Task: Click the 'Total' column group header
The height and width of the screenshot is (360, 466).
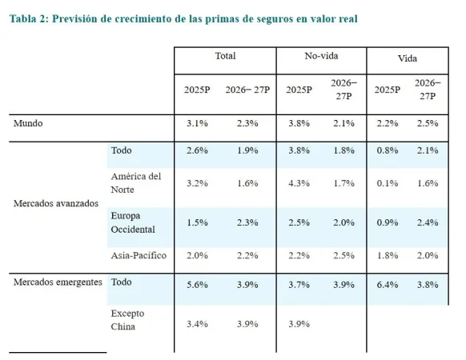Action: point(225,57)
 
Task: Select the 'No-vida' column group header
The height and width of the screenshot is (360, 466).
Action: point(321,57)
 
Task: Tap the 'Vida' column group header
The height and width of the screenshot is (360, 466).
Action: point(407,58)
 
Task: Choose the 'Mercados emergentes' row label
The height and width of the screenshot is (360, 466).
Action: point(58,282)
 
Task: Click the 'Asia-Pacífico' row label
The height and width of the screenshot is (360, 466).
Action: point(139,255)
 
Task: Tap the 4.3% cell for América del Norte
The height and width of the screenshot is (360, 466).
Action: point(298,183)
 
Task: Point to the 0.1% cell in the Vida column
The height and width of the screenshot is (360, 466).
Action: point(387,183)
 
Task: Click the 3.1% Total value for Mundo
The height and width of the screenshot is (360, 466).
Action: point(196,124)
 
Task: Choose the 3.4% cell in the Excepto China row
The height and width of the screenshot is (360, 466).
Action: point(196,326)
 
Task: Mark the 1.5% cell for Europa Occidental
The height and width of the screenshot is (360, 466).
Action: point(196,222)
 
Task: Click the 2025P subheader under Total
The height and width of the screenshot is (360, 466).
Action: point(196,90)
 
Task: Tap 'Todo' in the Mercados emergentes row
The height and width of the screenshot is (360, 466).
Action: point(122,282)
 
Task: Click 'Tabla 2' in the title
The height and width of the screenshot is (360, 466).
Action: point(30,18)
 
